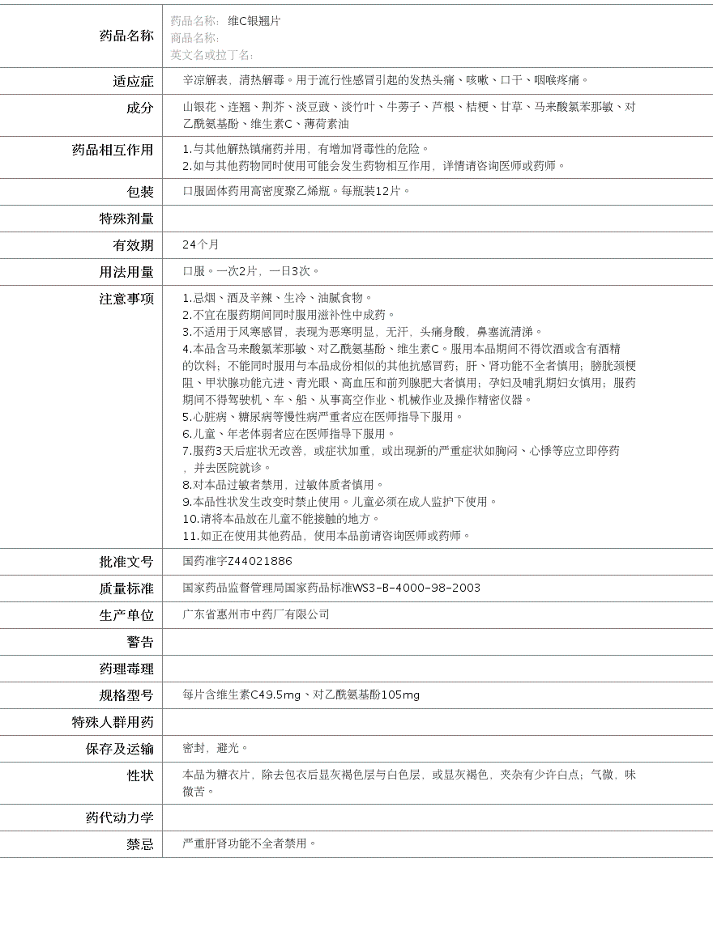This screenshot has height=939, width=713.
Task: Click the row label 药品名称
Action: point(126,36)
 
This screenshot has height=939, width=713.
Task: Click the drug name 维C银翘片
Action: point(254,21)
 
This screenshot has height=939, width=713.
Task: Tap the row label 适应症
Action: point(133,81)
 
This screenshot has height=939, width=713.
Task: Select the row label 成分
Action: point(139,108)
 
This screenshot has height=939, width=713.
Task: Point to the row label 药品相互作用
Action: point(113,150)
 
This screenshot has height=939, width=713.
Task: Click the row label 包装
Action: point(139,192)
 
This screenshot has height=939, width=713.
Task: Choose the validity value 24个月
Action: point(200,244)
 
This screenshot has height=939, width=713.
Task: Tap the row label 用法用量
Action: point(126,272)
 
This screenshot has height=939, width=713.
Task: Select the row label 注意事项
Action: point(126,299)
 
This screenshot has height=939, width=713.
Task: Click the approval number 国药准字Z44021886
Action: point(237,561)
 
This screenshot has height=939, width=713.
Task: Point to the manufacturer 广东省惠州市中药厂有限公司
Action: point(256,614)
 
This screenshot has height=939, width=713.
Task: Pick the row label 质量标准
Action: point(126,588)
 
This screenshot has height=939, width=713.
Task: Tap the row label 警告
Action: point(139,642)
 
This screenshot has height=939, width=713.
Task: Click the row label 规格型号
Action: point(126,695)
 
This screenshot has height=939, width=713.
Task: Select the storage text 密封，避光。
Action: point(216,748)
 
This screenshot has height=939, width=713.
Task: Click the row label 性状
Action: point(139,775)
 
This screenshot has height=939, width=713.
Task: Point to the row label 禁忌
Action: point(139,844)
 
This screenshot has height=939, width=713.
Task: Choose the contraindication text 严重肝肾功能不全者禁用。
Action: point(250,843)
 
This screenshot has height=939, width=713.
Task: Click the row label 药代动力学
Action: point(119,818)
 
